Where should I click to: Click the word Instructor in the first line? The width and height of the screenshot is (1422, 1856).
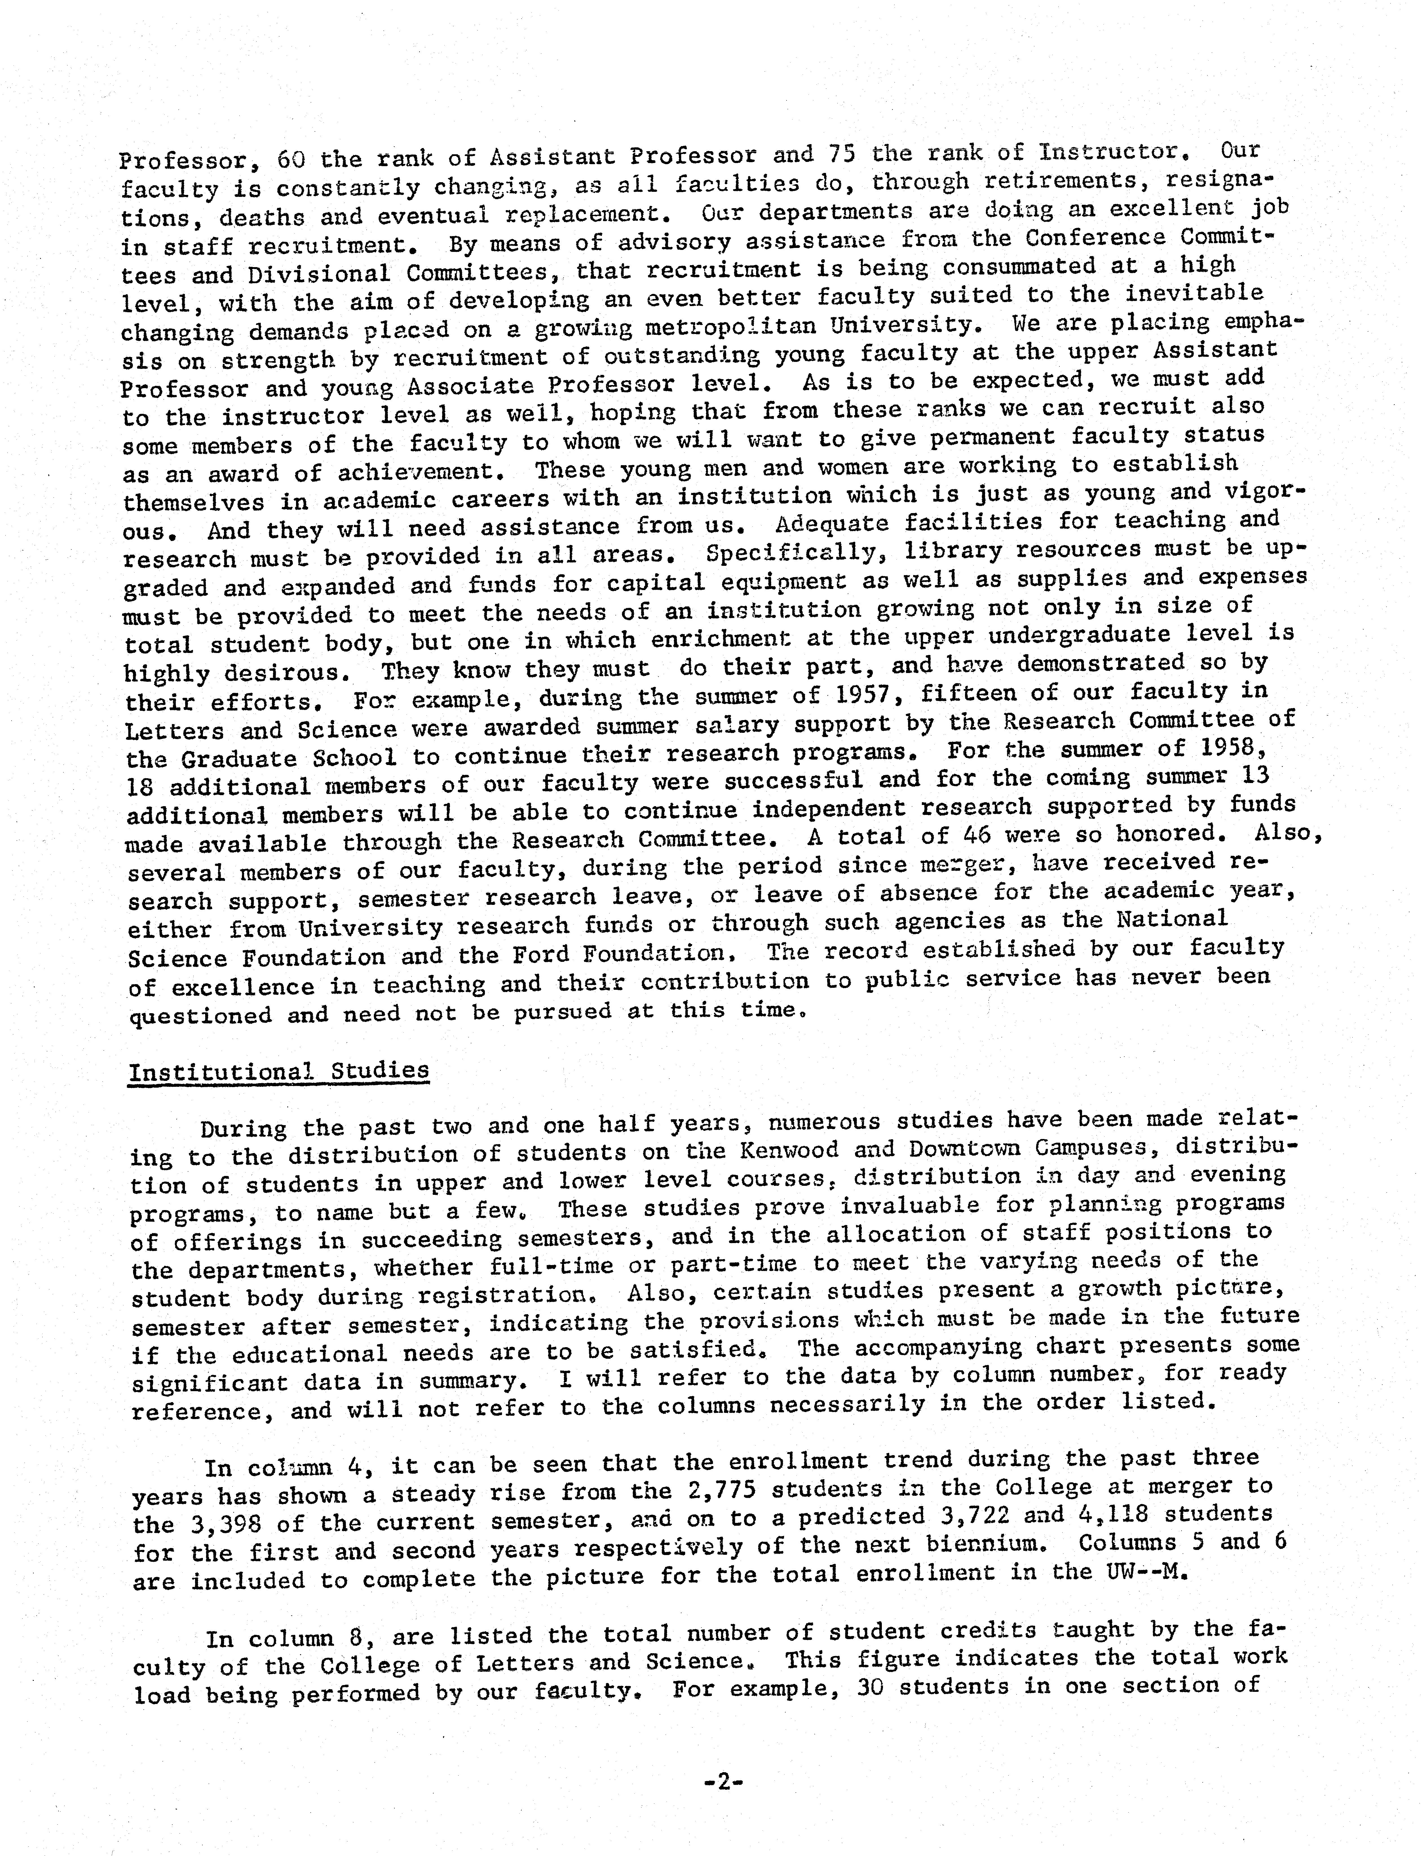(x=1109, y=152)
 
